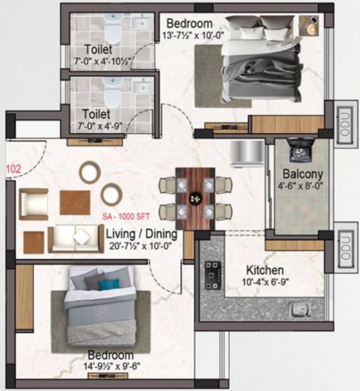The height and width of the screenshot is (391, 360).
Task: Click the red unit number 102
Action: coord(12,168)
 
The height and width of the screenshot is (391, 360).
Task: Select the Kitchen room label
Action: coord(264,270)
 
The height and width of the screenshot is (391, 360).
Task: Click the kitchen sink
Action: coord(301,310)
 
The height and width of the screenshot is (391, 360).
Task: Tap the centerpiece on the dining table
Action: coord(194,197)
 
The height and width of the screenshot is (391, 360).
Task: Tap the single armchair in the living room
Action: coord(33,203)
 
